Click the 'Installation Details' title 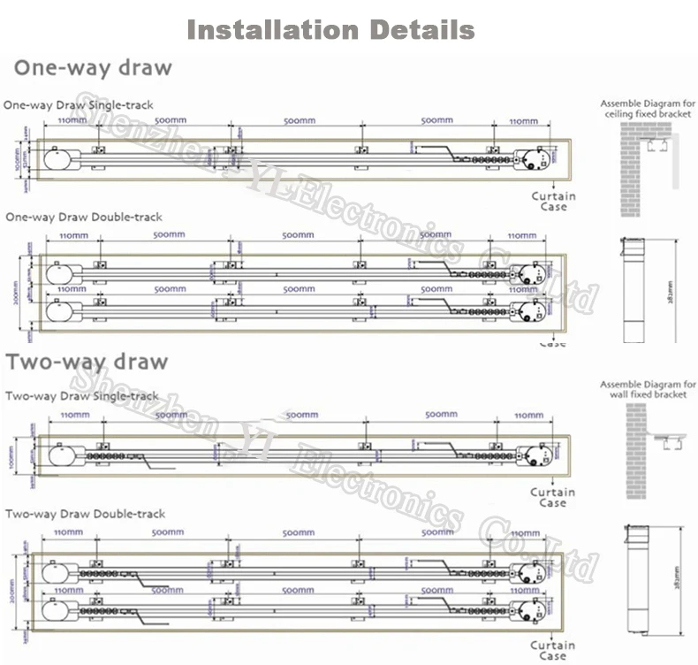tap(331, 30)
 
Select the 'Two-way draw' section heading tap(87, 362)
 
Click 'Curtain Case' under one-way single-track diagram tap(553, 202)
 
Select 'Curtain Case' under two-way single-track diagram tap(553, 497)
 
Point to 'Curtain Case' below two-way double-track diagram tap(553, 650)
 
